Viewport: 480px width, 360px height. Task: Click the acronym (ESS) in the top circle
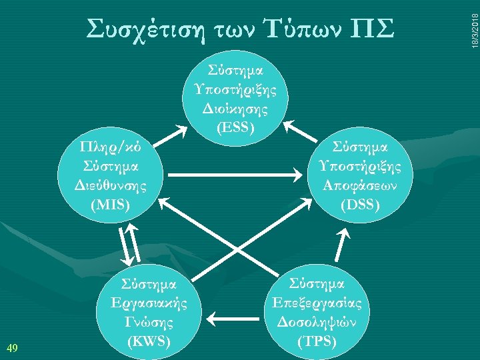[x=235, y=125]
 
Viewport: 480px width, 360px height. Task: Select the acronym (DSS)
[x=360, y=205]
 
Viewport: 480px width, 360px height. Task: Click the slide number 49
[x=11, y=347]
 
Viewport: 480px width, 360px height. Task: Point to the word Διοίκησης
[x=235, y=107]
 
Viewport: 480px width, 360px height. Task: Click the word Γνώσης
[x=153, y=323]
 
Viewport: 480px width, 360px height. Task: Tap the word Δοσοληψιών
[x=317, y=323]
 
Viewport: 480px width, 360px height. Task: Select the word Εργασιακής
[x=153, y=304]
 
